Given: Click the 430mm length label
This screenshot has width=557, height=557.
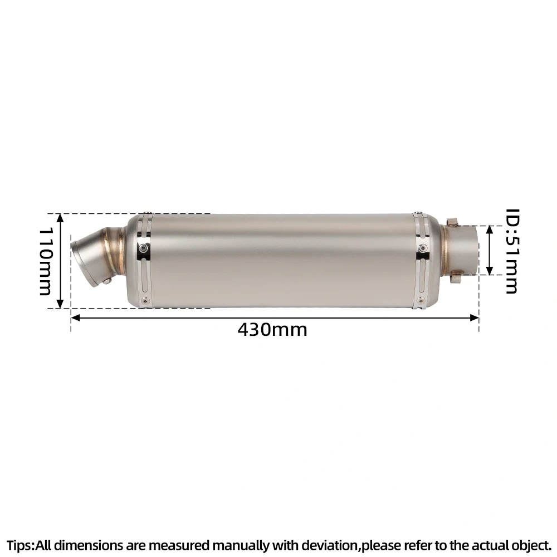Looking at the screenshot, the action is (272, 330).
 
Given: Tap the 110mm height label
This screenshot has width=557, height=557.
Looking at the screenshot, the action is (46, 261).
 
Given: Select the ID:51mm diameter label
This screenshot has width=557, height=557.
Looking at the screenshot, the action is (512, 251).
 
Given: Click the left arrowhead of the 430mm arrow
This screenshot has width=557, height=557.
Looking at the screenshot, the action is (76, 317).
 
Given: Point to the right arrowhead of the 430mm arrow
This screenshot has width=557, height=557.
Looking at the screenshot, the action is (474, 317).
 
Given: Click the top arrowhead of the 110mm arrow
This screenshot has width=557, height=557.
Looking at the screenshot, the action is (60, 218).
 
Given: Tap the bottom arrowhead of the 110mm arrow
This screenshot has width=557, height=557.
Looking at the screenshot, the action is (60, 304).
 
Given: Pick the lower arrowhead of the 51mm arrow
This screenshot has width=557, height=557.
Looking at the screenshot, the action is (490, 270).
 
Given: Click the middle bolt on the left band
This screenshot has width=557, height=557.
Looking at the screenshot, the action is (143, 248).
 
